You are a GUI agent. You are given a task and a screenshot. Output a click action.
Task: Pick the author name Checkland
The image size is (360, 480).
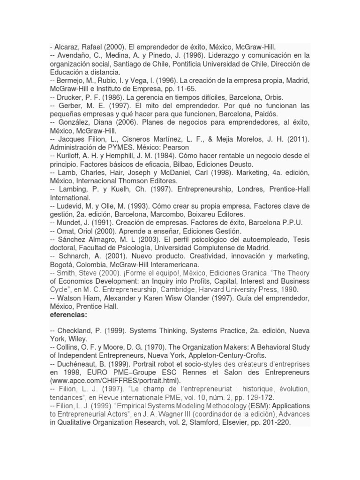76,330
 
